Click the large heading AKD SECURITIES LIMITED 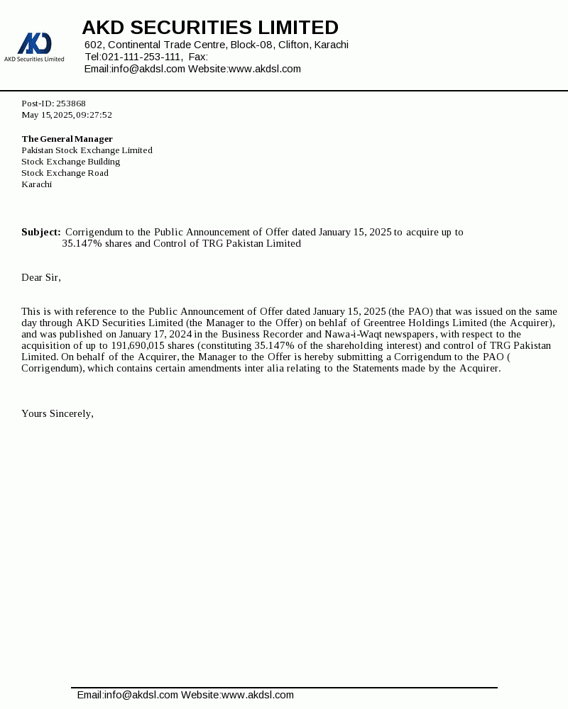[210, 28]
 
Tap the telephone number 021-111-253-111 [141, 57]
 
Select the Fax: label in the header [198, 57]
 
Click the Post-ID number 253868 [71, 104]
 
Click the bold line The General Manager [67, 139]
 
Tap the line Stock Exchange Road [65, 173]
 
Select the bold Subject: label [40, 232]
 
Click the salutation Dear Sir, [41, 277]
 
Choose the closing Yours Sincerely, [58, 413]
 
